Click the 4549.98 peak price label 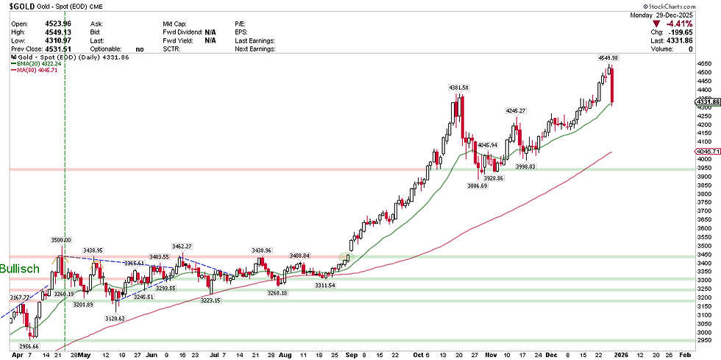coord(609,57)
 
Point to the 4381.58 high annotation coord(459,88)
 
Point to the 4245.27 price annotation coord(515,110)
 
